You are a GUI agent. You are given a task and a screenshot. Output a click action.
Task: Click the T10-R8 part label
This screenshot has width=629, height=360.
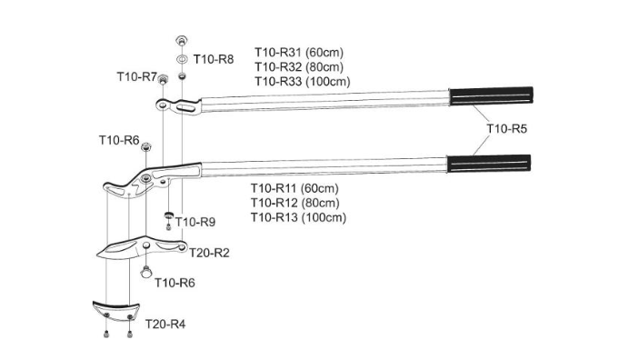(x=214, y=59)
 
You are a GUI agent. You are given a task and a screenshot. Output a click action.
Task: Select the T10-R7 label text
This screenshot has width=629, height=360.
(x=136, y=76)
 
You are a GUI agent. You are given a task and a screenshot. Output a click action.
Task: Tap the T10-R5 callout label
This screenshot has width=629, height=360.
(x=506, y=128)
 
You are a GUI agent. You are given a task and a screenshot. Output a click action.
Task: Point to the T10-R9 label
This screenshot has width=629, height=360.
(x=195, y=222)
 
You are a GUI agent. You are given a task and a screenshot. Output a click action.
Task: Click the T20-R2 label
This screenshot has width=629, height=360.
(x=209, y=253)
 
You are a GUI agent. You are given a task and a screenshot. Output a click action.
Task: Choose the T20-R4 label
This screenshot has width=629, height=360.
(x=165, y=324)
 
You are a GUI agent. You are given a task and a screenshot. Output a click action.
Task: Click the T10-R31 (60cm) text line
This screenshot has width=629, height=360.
(x=299, y=52)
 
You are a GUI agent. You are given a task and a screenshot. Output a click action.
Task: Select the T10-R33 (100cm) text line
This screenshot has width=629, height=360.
(x=303, y=82)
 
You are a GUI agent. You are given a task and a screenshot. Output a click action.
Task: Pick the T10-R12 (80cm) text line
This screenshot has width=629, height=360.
(x=295, y=203)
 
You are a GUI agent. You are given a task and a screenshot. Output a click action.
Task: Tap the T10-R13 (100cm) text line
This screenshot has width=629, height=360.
(x=298, y=217)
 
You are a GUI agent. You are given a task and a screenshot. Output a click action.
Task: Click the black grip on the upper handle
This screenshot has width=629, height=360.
(x=491, y=96)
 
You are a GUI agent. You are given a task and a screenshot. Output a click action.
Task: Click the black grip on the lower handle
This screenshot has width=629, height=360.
(x=489, y=165)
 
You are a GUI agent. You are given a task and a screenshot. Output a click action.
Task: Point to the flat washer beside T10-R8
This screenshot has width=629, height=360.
(x=181, y=60)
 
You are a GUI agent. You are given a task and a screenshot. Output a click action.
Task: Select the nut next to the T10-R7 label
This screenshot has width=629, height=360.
(x=163, y=78)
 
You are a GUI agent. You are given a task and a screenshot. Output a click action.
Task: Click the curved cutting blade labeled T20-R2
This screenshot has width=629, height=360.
(x=141, y=247)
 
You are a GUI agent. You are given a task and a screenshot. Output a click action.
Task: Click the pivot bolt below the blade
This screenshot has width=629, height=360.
(x=146, y=272)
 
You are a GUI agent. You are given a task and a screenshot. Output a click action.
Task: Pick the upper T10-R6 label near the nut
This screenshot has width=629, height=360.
(x=119, y=140)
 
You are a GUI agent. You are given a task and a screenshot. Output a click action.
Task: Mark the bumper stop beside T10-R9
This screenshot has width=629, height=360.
(x=168, y=215)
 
